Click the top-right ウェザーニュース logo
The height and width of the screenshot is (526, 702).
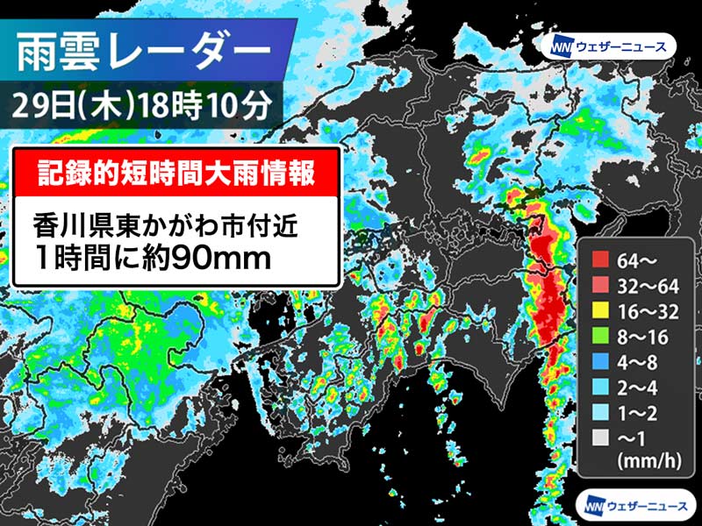tap(609, 46)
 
